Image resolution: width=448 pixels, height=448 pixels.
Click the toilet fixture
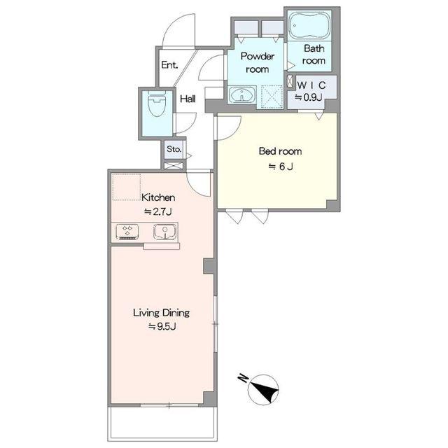[x=156, y=104]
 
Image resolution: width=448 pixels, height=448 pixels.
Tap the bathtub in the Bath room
[x=309, y=25]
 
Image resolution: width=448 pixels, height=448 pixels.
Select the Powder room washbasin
[x=241, y=94]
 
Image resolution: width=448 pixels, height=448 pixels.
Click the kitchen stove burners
[x=127, y=232]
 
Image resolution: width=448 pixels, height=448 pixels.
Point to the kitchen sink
[x=164, y=232]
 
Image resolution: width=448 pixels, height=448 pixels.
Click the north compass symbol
[x=263, y=389]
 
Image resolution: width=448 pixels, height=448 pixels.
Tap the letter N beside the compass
[x=243, y=378]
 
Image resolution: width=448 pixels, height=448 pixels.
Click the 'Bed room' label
[x=280, y=151]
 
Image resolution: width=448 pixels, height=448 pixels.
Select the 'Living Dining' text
[x=162, y=313]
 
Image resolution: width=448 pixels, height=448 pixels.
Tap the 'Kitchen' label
[x=158, y=197]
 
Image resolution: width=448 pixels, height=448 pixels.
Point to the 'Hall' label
[x=188, y=99]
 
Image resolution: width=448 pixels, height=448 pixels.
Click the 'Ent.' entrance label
[x=169, y=65]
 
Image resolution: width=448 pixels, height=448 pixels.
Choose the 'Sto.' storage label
[x=174, y=149]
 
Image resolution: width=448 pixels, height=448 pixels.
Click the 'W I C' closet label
[x=311, y=85]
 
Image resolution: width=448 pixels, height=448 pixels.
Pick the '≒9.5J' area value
[x=162, y=327]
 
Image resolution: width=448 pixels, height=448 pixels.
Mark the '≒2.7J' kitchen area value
[x=158, y=211]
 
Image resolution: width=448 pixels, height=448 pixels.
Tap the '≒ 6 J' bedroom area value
[x=281, y=167]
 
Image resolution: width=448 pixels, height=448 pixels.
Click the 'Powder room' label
[x=257, y=62]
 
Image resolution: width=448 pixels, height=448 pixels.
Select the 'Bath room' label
[x=314, y=55]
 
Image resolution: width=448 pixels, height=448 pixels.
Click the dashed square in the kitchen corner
[x=126, y=187]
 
